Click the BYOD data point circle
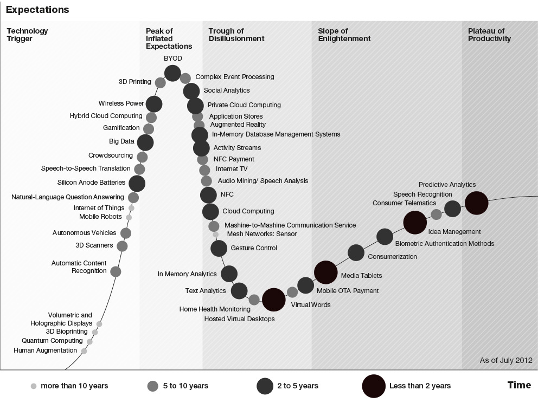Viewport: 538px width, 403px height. pyautogui.click(x=172, y=73)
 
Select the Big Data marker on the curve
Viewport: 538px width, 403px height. pyautogui.click(x=145, y=142)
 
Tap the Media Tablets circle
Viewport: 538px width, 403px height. pyautogui.click(x=326, y=272)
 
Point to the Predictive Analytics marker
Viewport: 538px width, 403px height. pyautogui.click(x=477, y=203)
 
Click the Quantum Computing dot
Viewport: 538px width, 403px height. pyautogui.click(x=89, y=342)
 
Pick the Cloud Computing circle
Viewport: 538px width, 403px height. pyautogui.click(x=210, y=212)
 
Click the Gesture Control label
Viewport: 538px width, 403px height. pyautogui.click(x=254, y=248)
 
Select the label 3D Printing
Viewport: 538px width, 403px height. pyautogui.click(x=135, y=82)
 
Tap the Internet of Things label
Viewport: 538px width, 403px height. pyautogui.click(x=99, y=208)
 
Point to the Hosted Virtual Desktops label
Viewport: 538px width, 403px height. pyautogui.click(x=239, y=319)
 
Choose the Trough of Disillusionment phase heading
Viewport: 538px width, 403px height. pyautogui.click(x=236, y=35)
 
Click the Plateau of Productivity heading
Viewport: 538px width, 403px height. pyautogui.click(x=489, y=35)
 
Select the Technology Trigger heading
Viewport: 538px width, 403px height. pyautogui.click(x=27, y=35)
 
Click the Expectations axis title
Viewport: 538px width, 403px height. pyautogui.click(x=37, y=10)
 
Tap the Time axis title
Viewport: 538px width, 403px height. pyautogui.click(x=519, y=385)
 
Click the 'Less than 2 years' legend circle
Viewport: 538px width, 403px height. pyautogui.click(x=374, y=386)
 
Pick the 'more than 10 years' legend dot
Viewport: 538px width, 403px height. pyautogui.click(x=34, y=386)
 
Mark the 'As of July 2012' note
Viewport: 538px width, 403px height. pyautogui.click(x=506, y=360)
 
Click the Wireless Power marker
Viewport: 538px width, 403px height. pyautogui.click(x=154, y=103)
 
